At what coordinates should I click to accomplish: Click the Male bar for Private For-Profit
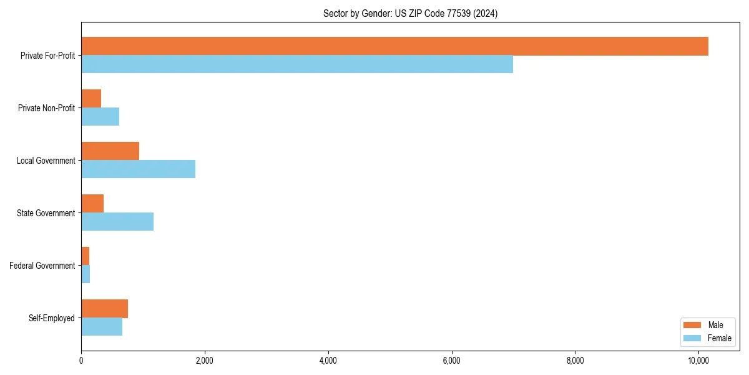(x=394, y=46)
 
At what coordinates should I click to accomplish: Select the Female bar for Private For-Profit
(x=297, y=64)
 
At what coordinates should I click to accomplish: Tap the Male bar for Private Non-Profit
(x=91, y=99)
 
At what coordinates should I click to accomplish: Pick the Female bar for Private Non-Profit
(x=100, y=117)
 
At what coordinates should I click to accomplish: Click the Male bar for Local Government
(x=110, y=151)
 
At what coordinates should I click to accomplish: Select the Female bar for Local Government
(x=138, y=169)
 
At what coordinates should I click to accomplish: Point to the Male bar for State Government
(x=92, y=204)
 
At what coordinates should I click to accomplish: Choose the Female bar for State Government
(x=117, y=222)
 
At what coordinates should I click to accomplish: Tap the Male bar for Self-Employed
(x=104, y=309)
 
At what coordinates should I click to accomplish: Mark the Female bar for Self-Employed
(x=102, y=327)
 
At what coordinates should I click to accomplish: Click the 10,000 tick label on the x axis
(x=698, y=361)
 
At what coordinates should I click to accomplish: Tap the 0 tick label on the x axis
(x=81, y=361)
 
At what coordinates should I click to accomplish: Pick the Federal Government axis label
(x=42, y=266)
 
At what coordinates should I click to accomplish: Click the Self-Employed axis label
(x=52, y=318)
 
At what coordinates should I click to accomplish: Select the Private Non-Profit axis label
(x=46, y=108)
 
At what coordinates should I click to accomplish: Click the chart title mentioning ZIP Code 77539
(x=410, y=14)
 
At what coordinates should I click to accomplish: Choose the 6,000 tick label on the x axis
(x=451, y=361)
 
